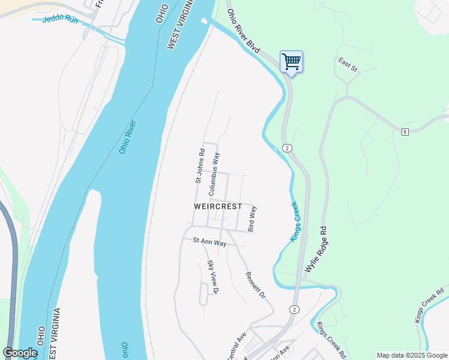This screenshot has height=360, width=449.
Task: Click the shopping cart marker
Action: pos(291,61)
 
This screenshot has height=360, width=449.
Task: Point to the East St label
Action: pos(348,65)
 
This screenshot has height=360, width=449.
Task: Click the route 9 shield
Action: pos(405,131)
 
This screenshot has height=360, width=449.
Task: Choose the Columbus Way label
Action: pos(213,174)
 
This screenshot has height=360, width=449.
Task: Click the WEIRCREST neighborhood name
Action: pos(218,206)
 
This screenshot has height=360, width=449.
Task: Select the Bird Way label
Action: pos(252,219)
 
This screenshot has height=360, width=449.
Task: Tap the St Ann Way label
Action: pos(209,242)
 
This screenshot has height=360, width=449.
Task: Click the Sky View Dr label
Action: pos(213,277)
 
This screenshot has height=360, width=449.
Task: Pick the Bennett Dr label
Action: pos(255,286)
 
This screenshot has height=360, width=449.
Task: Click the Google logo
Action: pos(20,353)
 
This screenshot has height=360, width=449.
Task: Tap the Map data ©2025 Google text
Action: pos(411,355)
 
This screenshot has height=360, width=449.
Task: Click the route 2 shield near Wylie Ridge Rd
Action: pos(288,148)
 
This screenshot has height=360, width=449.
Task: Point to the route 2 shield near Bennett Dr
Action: pos(293,309)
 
